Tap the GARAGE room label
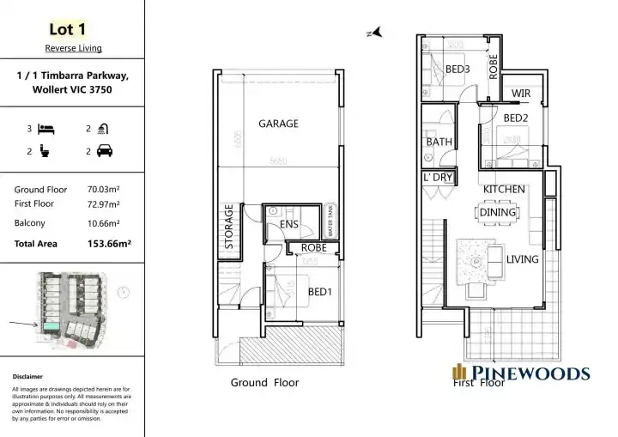(278, 124)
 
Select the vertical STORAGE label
(229, 226)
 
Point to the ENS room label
(288, 225)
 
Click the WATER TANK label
(330, 222)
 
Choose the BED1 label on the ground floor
(321, 292)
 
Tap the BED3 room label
(457, 69)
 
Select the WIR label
(520, 94)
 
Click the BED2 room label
(516, 118)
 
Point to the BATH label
(439, 142)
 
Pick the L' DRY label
(438, 178)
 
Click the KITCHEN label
(504, 189)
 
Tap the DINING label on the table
(498, 212)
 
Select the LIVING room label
(522, 258)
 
